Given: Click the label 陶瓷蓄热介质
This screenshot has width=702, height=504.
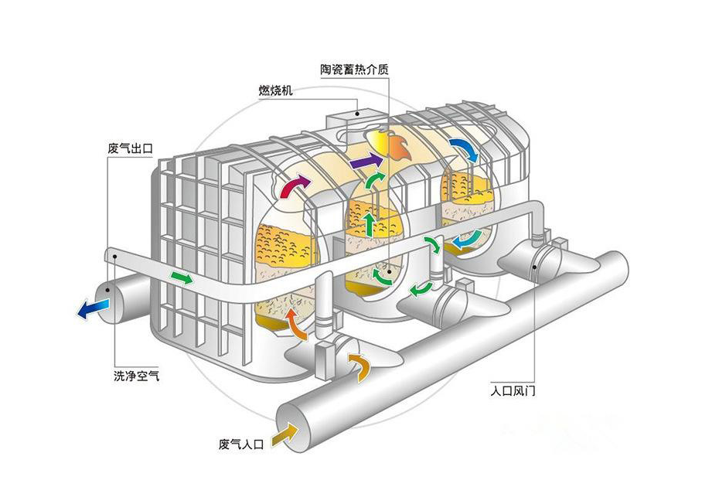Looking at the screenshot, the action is point(354,69).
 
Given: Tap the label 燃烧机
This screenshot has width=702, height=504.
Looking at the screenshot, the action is point(275,90).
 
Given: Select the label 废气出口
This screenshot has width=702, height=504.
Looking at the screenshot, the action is point(130,148).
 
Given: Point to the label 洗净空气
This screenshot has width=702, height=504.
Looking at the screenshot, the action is point(136,376).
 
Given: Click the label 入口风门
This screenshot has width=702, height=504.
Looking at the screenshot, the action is point(513,390).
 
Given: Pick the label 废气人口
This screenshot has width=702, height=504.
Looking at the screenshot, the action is point(241,444).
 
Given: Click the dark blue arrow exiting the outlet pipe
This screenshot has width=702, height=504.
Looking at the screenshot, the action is point(93,308).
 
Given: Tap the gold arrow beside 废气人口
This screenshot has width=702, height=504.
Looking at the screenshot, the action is point(285,434).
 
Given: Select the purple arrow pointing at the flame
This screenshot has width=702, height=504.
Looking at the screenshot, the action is point(366,161).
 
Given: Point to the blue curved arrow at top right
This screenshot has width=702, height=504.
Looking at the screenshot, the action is point(465,150).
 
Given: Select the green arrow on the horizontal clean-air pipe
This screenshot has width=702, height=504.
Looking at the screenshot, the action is point(182,278).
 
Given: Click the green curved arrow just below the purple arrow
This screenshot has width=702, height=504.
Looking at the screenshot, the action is point(374,182).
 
